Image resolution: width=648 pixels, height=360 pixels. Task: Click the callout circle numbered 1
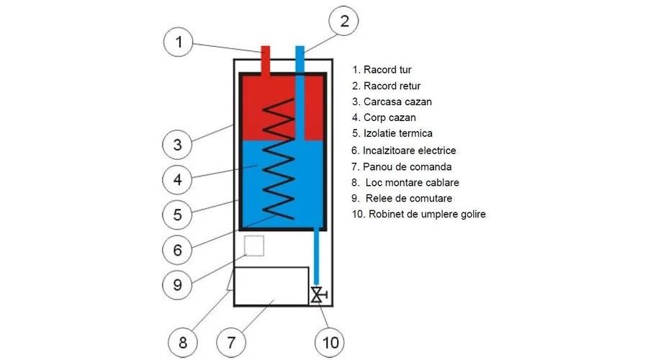tap(179, 42)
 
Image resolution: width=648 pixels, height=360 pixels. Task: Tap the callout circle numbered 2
tap(344, 22)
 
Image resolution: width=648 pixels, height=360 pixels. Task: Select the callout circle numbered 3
tap(177, 144)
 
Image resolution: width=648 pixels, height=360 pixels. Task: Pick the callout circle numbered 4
tap(177, 179)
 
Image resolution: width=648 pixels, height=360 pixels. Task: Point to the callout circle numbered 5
tap(177, 215)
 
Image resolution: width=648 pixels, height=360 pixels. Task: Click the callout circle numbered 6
tap(177, 250)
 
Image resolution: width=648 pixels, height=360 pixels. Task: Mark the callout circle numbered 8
tap(182, 342)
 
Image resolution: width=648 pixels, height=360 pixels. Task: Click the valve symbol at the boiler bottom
tap(317, 294)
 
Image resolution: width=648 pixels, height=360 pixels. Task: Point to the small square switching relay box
tap(254, 246)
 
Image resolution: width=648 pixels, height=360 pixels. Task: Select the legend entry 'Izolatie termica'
tap(392, 134)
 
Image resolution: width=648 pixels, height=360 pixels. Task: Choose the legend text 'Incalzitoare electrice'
tap(404, 150)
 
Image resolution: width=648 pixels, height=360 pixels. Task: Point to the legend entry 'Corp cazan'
tap(384, 118)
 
